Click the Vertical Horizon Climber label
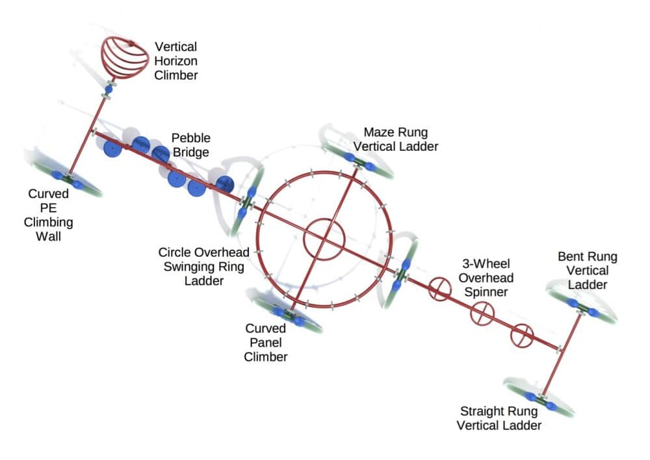tap(175, 61)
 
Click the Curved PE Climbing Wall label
tap(49, 215)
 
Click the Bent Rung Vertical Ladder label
tap(587, 271)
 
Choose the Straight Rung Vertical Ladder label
tap(499, 418)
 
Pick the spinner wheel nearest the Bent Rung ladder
tap(521, 336)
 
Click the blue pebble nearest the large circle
tap(224, 184)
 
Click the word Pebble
tap(191, 138)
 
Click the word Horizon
tap(175, 61)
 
